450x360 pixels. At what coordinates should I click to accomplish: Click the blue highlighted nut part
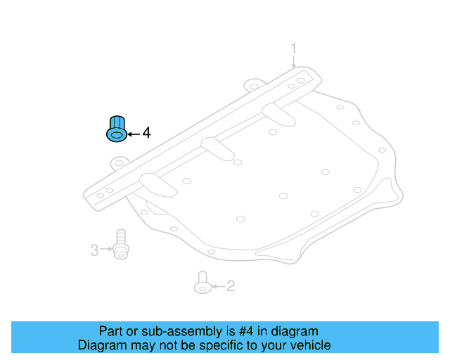pos(116,129)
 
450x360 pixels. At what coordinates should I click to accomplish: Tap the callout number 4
pos(146,132)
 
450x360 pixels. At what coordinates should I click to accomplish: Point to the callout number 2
pos(230,286)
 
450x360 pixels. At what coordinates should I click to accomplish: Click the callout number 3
pos(94,249)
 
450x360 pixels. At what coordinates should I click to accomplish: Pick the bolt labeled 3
pos(121,243)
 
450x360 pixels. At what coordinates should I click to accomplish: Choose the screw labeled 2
pos(202,283)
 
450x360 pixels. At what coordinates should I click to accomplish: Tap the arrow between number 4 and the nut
pos(134,133)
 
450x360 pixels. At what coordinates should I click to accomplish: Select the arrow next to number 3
pos(106,249)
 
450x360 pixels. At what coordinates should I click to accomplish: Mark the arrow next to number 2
pos(217,287)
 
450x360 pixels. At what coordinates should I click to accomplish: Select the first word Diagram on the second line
pos(100,345)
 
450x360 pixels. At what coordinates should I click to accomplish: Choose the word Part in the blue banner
pos(111,331)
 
